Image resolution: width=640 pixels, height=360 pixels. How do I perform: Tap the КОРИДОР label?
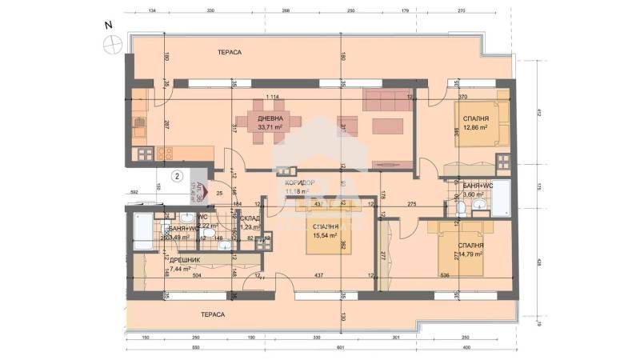coord(298,182)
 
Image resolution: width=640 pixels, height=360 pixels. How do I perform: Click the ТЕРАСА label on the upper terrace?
coord(229,52)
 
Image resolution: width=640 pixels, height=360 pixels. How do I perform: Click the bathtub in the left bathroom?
coord(140,231)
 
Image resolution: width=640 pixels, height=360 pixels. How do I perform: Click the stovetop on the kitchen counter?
coord(166,152)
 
